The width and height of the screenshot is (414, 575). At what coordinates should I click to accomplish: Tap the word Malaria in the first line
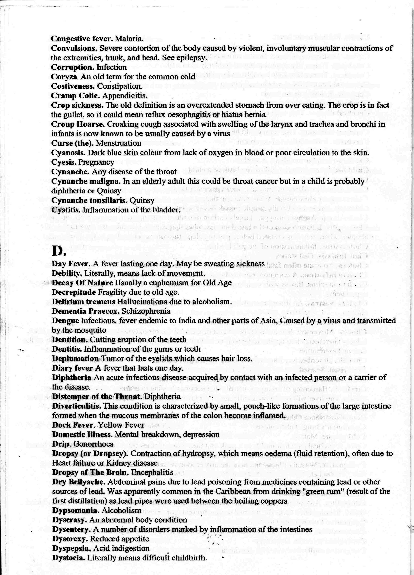129,39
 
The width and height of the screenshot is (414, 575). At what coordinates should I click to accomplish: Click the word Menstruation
119,143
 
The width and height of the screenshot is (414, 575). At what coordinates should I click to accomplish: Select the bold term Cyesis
64,162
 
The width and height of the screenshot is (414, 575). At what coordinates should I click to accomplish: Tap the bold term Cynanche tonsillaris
89,201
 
